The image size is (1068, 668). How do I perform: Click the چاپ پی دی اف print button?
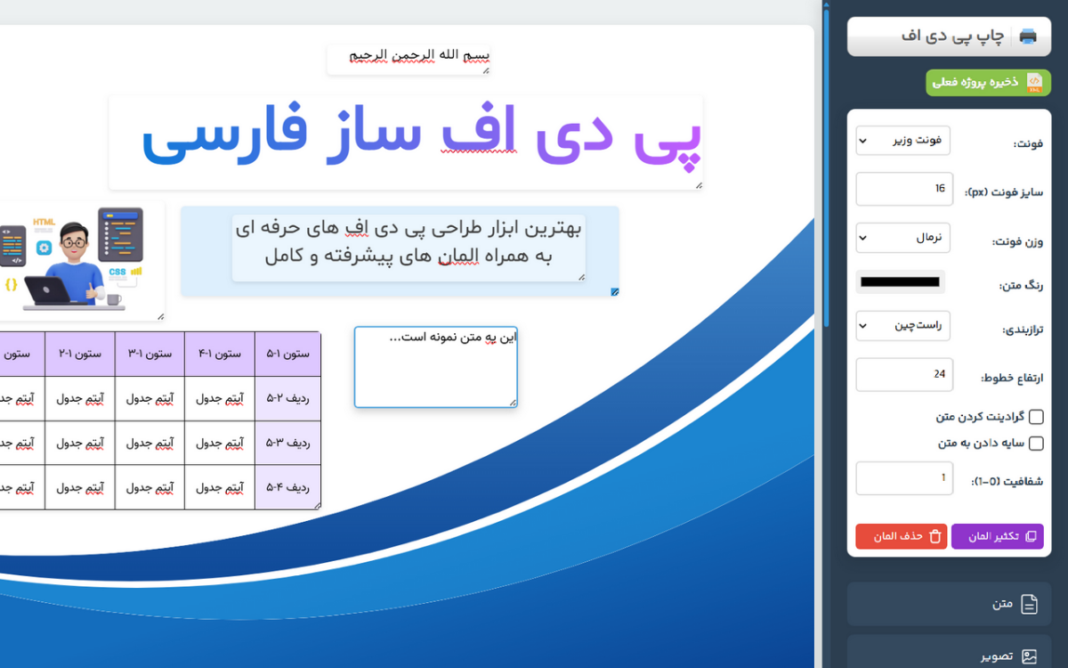tap(949, 37)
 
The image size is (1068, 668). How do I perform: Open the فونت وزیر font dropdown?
tap(902, 141)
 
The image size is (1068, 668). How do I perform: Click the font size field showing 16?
tap(904, 189)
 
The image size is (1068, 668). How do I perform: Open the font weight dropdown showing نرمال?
tap(902, 238)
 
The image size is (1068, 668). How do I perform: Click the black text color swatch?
tap(900, 282)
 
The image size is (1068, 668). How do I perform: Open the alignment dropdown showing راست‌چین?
tap(902, 326)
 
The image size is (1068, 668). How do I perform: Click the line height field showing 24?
tap(904, 375)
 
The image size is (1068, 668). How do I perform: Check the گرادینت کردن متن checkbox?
tap(1036, 417)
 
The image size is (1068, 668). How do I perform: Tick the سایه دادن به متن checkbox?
tap(1036, 444)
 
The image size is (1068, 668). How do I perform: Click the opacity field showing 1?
tap(904, 478)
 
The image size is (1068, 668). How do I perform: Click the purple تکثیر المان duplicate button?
tap(998, 536)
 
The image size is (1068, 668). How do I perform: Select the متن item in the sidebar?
tap(949, 604)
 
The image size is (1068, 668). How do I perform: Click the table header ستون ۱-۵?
tap(288, 354)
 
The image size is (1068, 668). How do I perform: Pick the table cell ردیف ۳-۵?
tap(288, 444)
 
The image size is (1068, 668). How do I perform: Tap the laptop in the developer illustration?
tap(48, 290)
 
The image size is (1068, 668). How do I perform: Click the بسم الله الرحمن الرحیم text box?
tap(409, 60)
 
